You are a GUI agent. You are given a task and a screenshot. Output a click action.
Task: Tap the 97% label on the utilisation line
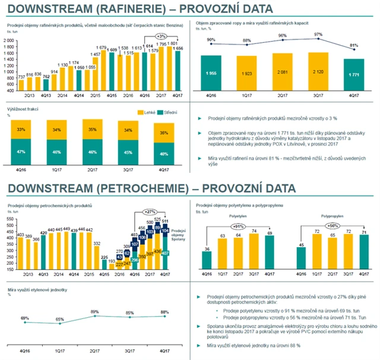click(x=319, y=34)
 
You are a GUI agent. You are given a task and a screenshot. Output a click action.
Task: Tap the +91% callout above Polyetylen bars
click(x=240, y=226)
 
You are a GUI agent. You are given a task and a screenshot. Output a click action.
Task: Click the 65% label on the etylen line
click(x=59, y=320)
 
